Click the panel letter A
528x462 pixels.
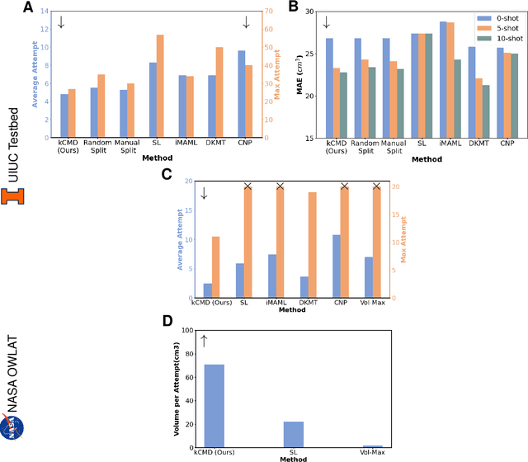(29, 8)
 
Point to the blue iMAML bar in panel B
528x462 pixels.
(443, 79)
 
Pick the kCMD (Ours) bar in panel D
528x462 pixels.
(214, 405)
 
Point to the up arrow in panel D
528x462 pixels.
(205, 340)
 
